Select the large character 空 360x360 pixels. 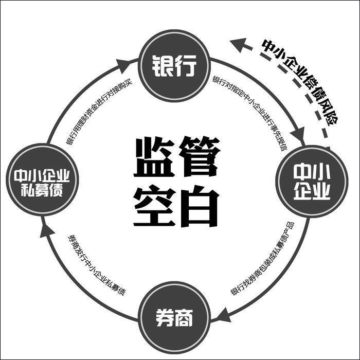coord(152,206)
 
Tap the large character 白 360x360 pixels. coord(199,206)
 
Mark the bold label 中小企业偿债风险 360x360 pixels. coord(300,82)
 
